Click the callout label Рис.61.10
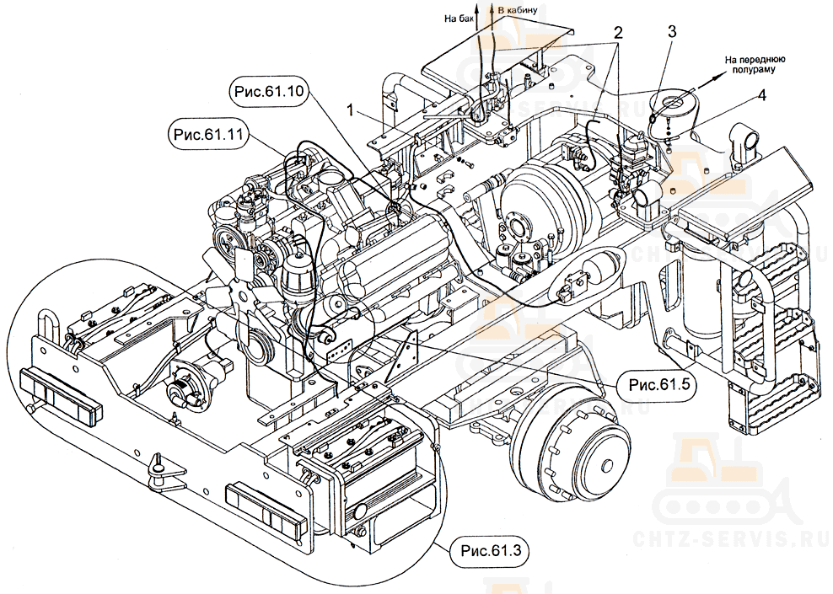(266, 90)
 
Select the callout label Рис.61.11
(207, 135)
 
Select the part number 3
(672, 32)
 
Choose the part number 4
(761, 95)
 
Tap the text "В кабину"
(519, 10)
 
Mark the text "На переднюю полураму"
(755, 66)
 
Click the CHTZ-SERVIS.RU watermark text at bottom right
(742, 531)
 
